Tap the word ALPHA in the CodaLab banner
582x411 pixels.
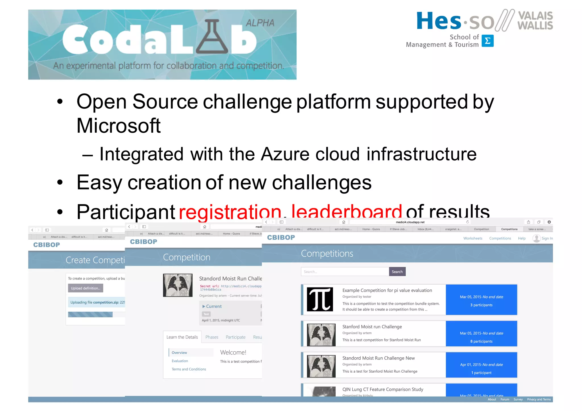click(260, 23)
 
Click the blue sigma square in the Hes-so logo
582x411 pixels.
click(487, 41)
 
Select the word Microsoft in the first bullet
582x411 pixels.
click(119, 126)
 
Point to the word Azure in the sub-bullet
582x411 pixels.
click(285, 154)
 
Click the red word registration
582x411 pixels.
click(230, 212)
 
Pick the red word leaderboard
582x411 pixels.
click(346, 212)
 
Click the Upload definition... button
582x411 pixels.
click(86, 288)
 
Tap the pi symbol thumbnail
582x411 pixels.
click(320, 299)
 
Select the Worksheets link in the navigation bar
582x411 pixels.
click(473, 238)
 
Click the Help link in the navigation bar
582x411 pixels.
click(521, 238)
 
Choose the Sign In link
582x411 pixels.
click(547, 238)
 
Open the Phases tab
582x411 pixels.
click(212, 337)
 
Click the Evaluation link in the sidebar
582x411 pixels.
click(180, 361)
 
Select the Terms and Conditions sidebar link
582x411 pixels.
click(189, 369)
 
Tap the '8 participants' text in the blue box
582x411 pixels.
click(481, 341)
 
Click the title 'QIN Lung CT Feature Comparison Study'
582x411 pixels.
click(383, 389)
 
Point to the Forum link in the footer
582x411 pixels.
click(505, 399)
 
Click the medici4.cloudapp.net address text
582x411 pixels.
click(410, 222)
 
